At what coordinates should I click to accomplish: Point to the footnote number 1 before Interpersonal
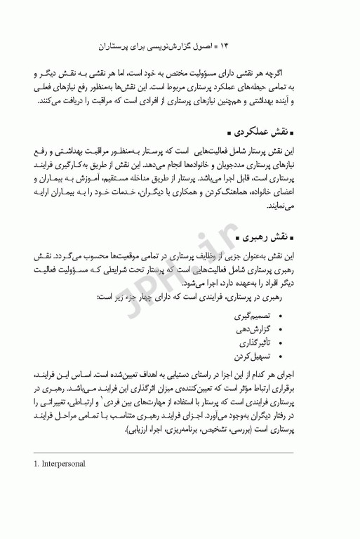(37, 464)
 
